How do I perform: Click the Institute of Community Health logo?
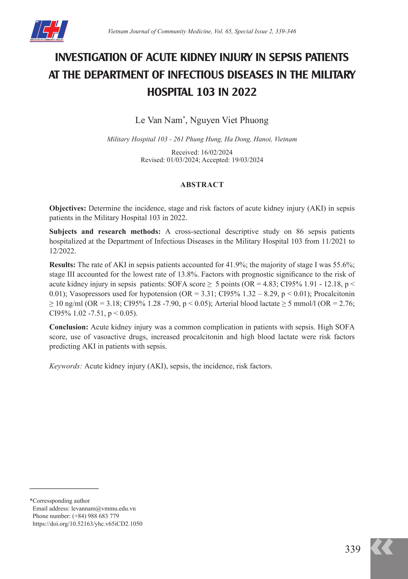[x=49, y=31]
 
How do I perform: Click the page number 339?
[x=352, y=549]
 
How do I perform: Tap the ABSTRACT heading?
[x=202, y=185]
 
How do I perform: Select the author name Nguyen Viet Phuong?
[x=229, y=120]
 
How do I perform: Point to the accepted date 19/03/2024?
[x=247, y=160]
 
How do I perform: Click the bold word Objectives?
[x=68, y=208]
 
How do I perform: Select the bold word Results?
[x=62, y=265]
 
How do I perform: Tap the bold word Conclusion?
[x=69, y=327]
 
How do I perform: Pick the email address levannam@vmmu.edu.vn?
[x=103, y=508]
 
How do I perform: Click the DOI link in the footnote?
[x=87, y=524]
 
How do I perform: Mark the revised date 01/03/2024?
[x=182, y=160]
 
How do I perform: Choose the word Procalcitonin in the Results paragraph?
[x=334, y=294]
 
